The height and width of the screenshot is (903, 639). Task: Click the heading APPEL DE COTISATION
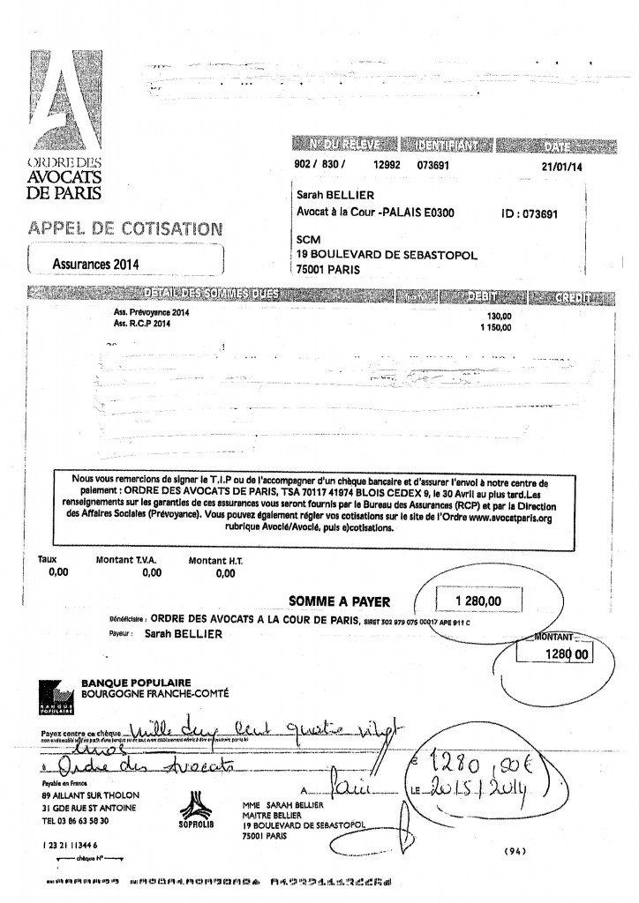pyautogui.click(x=124, y=228)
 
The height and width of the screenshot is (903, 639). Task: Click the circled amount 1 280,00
pyautogui.click(x=477, y=601)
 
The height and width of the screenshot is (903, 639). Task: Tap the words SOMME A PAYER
pyautogui.click(x=339, y=601)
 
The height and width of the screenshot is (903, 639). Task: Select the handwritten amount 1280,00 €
pyautogui.click(x=496, y=758)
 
